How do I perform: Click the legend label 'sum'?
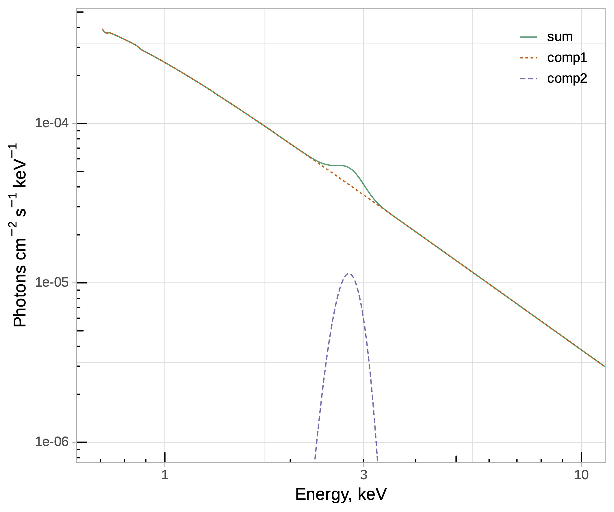(560, 37)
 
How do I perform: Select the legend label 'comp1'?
(567, 58)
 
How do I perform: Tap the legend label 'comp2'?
(567, 79)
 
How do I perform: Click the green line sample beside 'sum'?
(529, 37)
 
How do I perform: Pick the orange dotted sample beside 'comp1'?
(529, 58)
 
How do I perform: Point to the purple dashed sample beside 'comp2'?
(529, 79)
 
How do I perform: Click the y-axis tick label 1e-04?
(52, 123)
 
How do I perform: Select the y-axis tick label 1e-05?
(52, 283)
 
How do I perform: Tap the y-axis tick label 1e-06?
(52, 442)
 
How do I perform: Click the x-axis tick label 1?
(165, 475)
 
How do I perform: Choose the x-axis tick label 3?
(363, 475)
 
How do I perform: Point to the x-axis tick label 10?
(581, 475)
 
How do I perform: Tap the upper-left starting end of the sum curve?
(102, 29)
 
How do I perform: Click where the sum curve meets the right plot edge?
(604, 366)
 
